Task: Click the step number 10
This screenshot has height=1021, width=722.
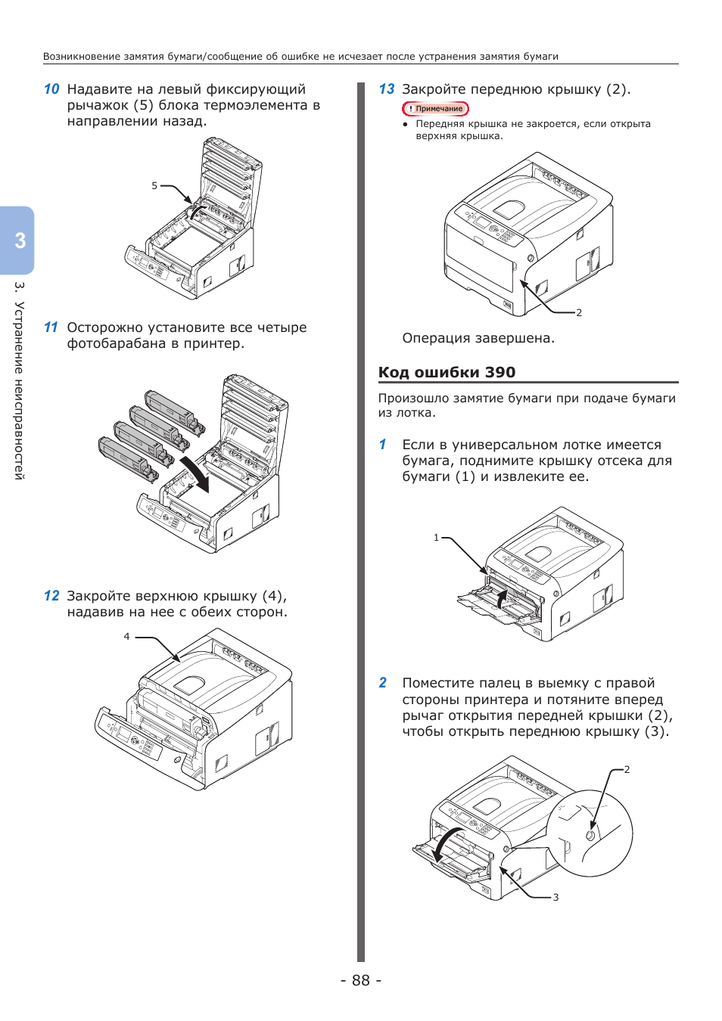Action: click(x=51, y=89)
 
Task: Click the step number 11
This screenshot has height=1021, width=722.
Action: click(x=51, y=327)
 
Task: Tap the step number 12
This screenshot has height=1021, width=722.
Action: click(x=51, y=596)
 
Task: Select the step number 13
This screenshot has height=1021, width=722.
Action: click(x=387, y=89)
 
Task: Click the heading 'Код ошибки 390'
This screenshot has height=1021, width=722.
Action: click(x=447, y=372)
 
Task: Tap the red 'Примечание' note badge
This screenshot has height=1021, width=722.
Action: click(x=436, y=109)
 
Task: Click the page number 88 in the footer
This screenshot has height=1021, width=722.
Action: click(x=361, y=980)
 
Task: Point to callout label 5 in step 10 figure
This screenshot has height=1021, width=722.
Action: click(x=154, y=185)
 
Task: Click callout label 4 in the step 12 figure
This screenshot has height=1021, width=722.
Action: click(x=127, y=637)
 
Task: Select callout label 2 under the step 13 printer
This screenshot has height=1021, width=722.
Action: click(x=579, y=312)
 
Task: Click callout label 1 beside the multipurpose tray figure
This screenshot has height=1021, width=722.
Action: click(x=436, y=538)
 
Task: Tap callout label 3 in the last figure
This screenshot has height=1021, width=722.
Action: click(x=556, y=898)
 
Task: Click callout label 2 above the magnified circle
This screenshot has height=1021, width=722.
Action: click(x=627, y=770)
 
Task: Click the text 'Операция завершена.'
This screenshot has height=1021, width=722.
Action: click(x=478, y=338)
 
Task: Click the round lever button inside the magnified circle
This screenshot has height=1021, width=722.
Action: click(x=591, y=835)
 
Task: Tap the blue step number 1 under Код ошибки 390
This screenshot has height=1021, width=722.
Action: click(x=383, y=445)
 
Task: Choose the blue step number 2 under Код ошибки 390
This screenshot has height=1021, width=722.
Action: click(x=383, y=683)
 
